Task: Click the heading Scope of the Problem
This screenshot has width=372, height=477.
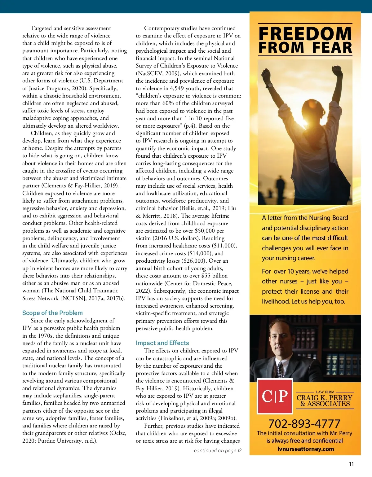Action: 52,313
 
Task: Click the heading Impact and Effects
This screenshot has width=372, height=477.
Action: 162,343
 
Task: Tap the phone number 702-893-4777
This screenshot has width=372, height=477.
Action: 304,423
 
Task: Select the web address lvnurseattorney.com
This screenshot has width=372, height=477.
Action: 305,449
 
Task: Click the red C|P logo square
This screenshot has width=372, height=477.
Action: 275,396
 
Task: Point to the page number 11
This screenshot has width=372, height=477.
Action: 351,464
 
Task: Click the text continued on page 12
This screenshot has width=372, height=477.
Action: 218,450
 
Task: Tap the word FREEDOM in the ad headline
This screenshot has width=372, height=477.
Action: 305,34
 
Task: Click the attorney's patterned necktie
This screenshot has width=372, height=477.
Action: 280,369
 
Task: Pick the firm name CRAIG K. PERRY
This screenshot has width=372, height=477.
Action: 324,398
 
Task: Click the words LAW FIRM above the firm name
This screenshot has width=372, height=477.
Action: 325,392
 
